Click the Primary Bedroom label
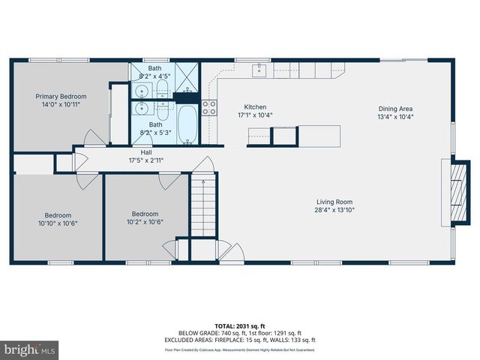[62, 96]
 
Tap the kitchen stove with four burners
[209, 107]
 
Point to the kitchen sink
[259, 70]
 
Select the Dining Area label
[395, 107]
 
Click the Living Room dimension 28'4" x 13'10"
[334, 211]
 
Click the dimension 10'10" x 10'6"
[59, 223]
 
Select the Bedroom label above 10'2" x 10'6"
[145, 213]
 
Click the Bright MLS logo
[30, 349]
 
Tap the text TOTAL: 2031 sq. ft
[239, 325]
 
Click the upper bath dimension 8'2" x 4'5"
[155, 76]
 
